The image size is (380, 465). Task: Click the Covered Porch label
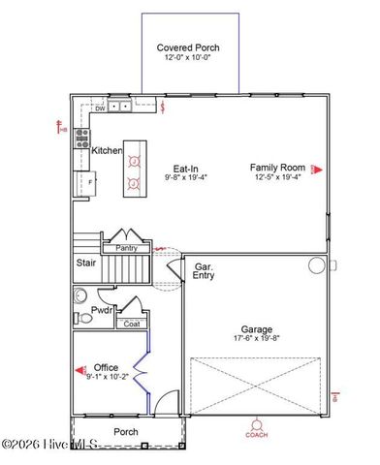188,47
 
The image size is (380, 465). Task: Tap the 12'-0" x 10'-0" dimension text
188,58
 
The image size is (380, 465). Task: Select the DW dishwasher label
100,108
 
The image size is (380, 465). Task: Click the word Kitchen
107,151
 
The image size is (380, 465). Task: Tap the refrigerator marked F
90,181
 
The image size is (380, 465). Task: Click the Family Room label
277,167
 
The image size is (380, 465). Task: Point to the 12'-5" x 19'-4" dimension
277,177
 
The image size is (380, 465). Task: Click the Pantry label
126,248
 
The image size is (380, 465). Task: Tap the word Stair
85,263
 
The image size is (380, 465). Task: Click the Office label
106,367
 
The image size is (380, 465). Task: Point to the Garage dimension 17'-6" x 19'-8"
257,339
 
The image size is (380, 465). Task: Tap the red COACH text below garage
256,435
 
